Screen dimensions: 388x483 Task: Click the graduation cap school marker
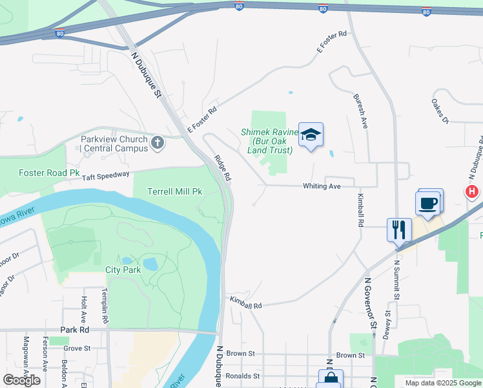(x=311, y=135)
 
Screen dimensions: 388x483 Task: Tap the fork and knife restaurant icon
(x=398, y=230)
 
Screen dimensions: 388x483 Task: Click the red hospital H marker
(x=472, y=192)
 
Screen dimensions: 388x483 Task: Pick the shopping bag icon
(x=331, y=380)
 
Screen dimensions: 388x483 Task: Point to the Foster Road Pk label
(x=49, y=173)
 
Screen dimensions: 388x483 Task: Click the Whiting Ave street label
(x=322, y=186)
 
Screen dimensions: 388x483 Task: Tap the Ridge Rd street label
(x=223, y=167)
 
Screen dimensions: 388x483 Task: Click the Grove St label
(x=77, y=348)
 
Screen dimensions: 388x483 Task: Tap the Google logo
(x=21, y=380)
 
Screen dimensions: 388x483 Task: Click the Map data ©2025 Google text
(x=442, y=383)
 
